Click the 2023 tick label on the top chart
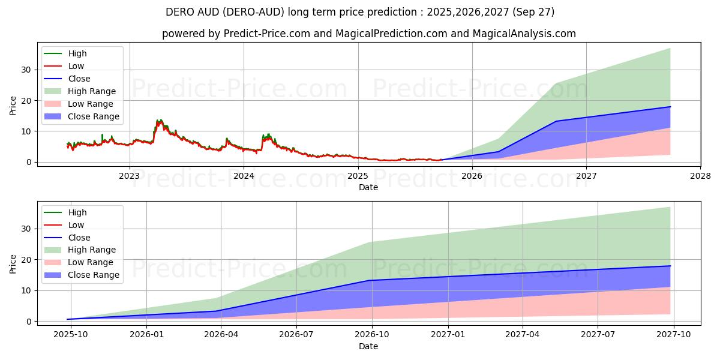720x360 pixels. coord(129,176)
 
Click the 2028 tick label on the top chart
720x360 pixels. coord(700,176)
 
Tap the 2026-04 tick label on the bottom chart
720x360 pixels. coord(221,335)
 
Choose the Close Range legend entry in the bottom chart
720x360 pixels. coord(93,275)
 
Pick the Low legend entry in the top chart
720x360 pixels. coord(76,66)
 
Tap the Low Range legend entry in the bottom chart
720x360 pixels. coord(91,262)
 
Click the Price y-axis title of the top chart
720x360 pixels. coord(13,106)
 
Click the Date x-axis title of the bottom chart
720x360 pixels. coord(368,346)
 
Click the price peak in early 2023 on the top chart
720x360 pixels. coord(159,121)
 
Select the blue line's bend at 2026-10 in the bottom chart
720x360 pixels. coord(371,280)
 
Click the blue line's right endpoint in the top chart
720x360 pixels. coord(670,107)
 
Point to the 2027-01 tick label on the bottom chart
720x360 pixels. coord(447,335)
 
